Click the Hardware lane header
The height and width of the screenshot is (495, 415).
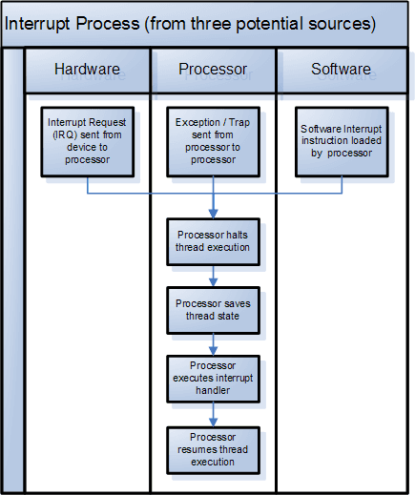coord(87,70)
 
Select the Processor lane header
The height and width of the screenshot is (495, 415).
coord(213,70)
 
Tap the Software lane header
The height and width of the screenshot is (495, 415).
coord(341,70)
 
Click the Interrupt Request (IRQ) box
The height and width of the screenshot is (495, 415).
coord(87,141)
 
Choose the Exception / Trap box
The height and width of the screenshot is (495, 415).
coord(214,141)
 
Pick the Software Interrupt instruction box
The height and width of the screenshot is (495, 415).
coord(342,141)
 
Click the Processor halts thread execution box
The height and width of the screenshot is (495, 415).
coord(213,241)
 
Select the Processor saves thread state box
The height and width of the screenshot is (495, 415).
coord(213,310)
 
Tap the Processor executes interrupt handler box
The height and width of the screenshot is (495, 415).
coord(213,379)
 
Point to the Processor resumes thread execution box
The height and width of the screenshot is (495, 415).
coord(213,448)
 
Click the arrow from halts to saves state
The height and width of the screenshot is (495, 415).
coord(214,276)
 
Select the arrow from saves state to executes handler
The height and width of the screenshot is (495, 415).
coord(214,344)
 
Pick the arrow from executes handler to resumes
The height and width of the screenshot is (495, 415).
coord(214,413)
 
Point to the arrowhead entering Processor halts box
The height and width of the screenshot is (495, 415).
coord(214,213)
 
